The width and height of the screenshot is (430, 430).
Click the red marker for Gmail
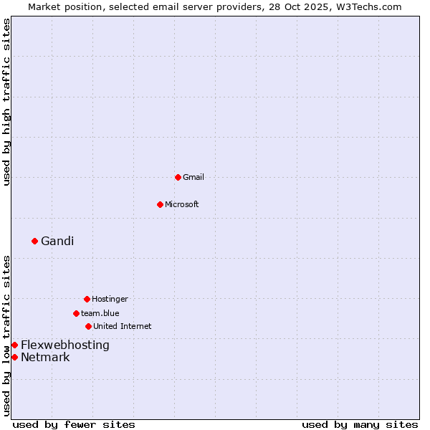tap(178, 177)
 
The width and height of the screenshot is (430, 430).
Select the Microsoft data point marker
tap(160, 204)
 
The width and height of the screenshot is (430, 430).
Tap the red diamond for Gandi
tap(34, 241)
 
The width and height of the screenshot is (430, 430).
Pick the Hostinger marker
tap(87, 299)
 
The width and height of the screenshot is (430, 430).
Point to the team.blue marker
tap(76, 313)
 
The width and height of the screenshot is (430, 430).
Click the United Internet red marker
tap(88, 326)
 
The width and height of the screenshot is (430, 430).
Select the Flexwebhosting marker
tap(14, 345)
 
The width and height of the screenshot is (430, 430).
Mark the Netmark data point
tap(14, 357)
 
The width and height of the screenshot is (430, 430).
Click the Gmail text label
tap(193, 177)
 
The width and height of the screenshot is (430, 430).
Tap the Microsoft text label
tap(182, 204)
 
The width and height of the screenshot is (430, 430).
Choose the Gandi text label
tap(57, 241)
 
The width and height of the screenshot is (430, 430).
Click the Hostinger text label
tap(110, 299)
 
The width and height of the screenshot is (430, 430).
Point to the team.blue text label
tap(100, 313)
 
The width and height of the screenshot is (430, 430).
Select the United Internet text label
tap(123, 326)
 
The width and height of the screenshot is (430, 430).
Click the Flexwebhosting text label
tap(65, 345)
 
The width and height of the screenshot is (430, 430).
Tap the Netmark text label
tap(45, 357)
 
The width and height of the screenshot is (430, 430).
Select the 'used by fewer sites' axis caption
tap(74, 424)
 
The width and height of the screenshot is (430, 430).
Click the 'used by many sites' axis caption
tap(360, 424)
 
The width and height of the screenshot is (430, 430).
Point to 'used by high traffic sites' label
tap(6, 102)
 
